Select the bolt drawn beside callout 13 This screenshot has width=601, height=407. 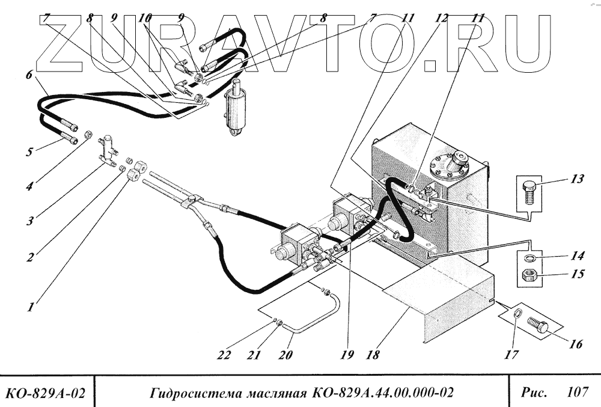tap(530, 192)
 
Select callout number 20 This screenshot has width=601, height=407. tap(285, 355)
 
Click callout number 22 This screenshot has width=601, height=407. tap(224, 355)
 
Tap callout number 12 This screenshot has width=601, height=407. tap(443, 19)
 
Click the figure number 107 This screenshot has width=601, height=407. tap(577, 393)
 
